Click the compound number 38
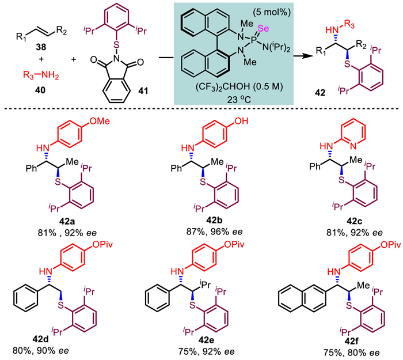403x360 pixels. click(x=41, y=47)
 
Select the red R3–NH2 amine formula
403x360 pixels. click(x=41, y=75)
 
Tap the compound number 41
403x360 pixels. click(x=143, y=90)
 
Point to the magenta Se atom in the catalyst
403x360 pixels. click(x=263, y=28)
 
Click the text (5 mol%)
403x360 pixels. click(x=272, y=12)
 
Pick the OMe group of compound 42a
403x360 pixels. click(x=100, y=121)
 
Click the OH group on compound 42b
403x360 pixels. click(x=241, y=121)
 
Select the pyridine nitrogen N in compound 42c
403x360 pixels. click(x=353, y=146)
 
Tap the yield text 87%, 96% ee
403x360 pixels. click(x=214, y=232)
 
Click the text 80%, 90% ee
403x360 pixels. click(x=41, y=351)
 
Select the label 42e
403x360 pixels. click(x=206, y=340)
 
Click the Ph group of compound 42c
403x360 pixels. click(x=314, y=166)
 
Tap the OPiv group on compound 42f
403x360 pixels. click(x=390, y=245)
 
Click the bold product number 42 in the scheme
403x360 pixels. click(x=321, y=93)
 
